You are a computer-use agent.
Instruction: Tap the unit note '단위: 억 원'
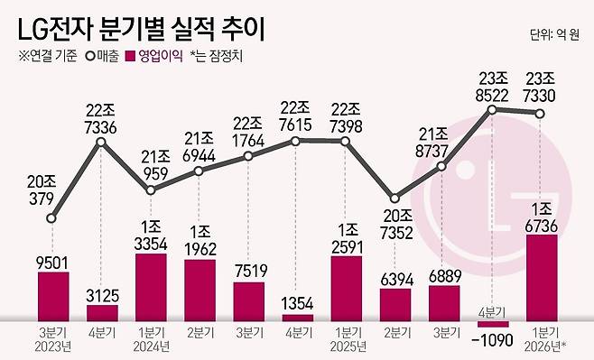tap(558, 35)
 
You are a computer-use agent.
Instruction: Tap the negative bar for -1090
tap(493, 323)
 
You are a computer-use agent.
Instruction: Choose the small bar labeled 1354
tap(297, 318)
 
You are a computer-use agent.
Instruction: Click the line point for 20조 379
tap(53, 217)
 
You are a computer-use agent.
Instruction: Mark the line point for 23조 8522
tap(493, 110)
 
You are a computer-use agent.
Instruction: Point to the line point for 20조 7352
tap(394, 199)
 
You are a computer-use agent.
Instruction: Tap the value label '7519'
tap(248, 270)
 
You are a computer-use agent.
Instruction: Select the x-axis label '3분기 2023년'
tap(53, 338)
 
